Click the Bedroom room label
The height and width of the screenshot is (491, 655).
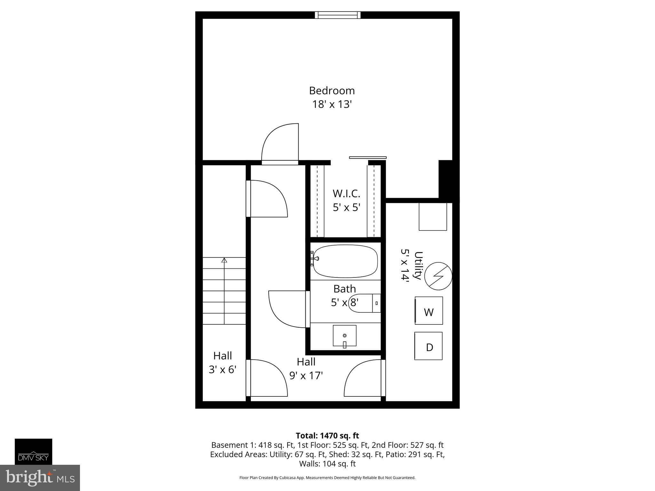pos(332,91)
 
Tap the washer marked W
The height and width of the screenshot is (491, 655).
pos(429,311)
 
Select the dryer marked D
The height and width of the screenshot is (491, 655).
pos(429,346)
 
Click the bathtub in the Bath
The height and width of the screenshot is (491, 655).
pos(345,261)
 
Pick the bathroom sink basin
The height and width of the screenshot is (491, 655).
pos(344,336)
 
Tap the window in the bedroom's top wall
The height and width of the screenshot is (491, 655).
pos(337,15)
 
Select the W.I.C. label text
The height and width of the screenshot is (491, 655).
pos(346,194)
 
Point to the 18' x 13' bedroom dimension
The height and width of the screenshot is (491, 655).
pos(332,105)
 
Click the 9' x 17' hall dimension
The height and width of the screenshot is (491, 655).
pos(306,376)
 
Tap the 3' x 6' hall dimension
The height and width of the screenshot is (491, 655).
pos(223,370)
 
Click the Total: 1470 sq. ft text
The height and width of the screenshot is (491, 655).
pos(327,436)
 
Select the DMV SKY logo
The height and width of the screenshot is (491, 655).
pos(33,451)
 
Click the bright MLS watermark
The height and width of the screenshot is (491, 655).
pos(40,478)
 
